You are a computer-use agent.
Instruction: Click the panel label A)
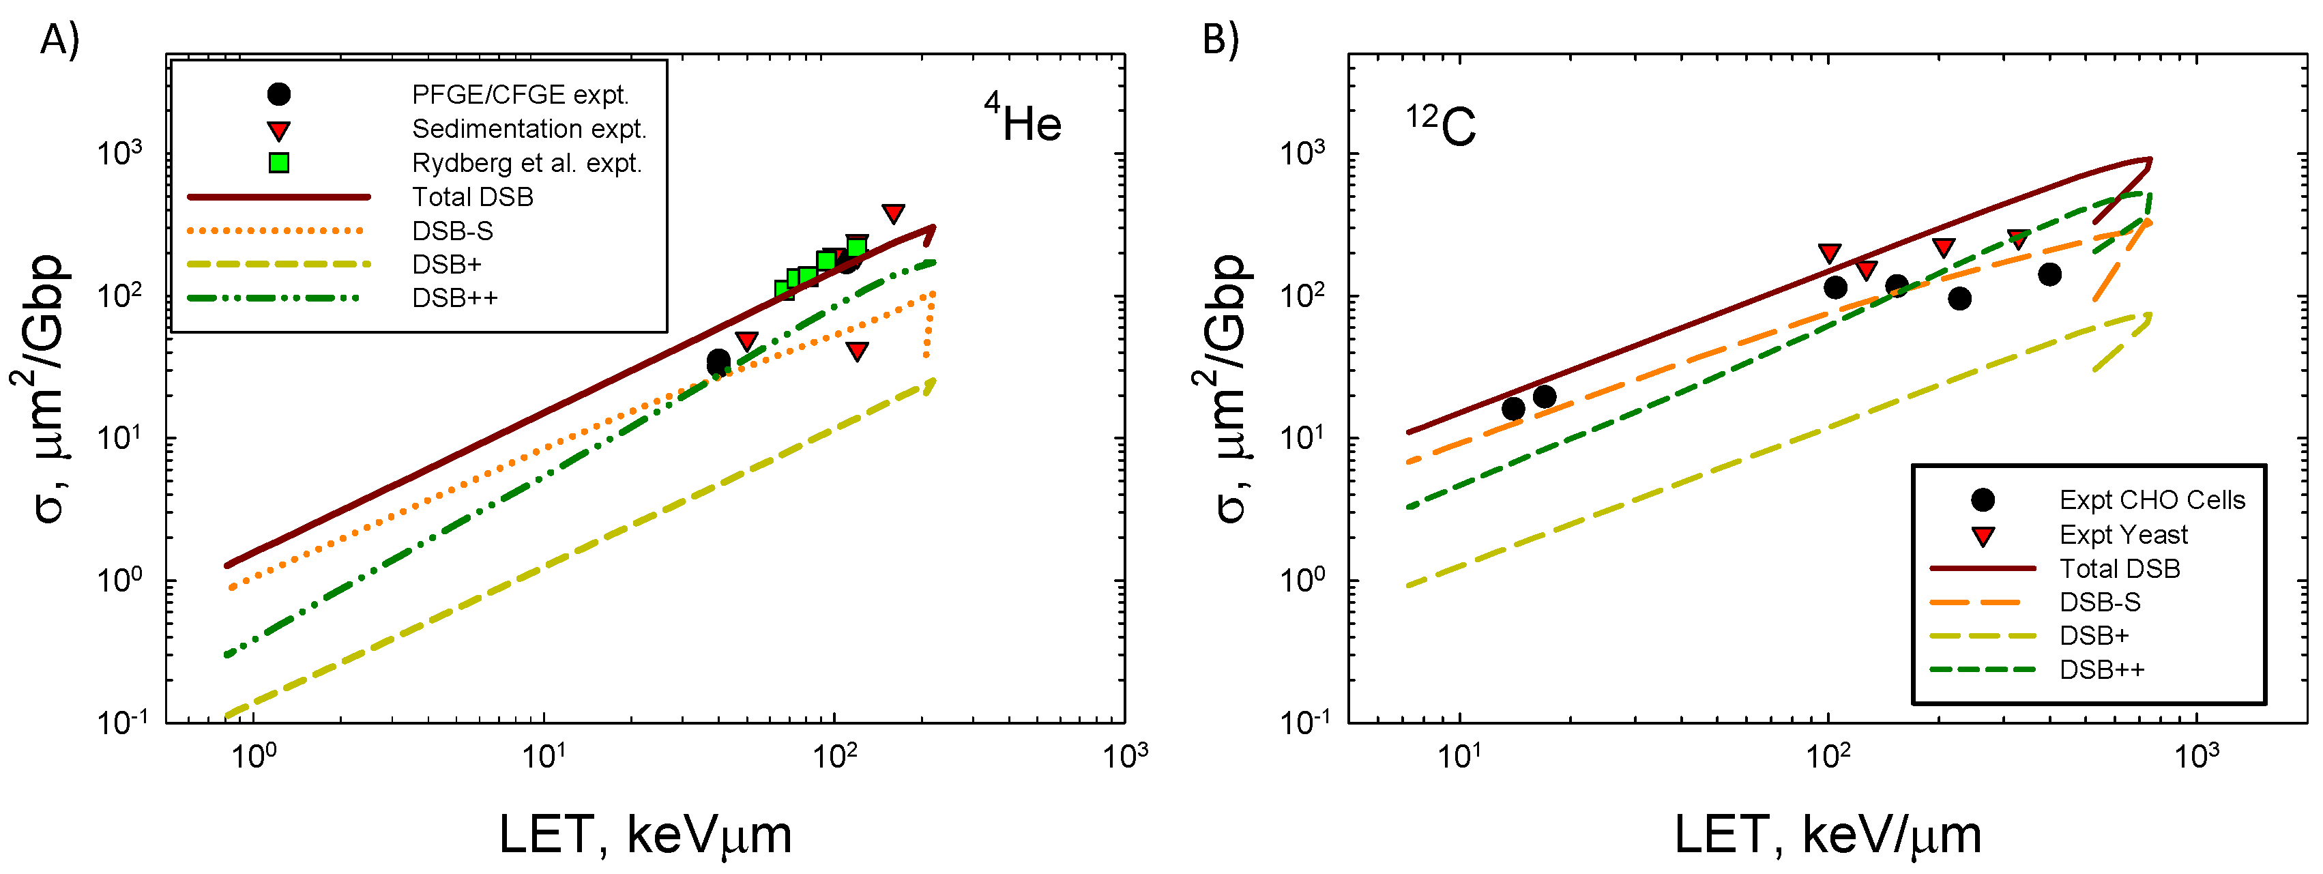pyautogui.click(x=59, y=40)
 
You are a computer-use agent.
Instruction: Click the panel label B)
pyautogui.click(x=1221, y=40)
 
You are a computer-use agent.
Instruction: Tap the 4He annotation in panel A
pyautogui.click(x=1023, y=121)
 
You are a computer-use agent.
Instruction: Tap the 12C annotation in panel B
pyautogui.click(x=1440, y=124)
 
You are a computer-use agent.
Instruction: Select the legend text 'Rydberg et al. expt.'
pyautogui.click(x=527, y=163)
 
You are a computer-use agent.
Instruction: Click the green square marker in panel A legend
pyautogui.click(x=280, y=163)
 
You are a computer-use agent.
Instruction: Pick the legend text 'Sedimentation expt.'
pyautogui.click(x=529, y=129)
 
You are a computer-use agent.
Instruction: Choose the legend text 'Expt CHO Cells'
pyautogui.click(x=2152, y=499)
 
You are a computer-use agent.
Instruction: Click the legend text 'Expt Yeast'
pyautogui.click(x=2123, y=535)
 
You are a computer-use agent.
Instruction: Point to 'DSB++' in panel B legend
pyautogui.click(x=2101, y=669)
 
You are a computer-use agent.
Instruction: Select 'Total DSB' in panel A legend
pyautogui.click(x=473, y=196)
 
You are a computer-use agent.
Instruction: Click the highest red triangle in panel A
pyautogui.click(x=893, y=214)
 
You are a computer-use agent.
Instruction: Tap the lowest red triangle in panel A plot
pyautogui.click(x=857, y=351)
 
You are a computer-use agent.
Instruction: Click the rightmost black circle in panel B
pyautogui.click(x=2049, y=274)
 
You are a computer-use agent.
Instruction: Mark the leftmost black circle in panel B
pyautogui.click(x=1513, y=409)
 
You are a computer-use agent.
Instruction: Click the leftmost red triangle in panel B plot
pyautogui.click(x=1829, y=253)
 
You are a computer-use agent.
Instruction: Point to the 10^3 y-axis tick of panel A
pyautogui.click(x=120, y=154)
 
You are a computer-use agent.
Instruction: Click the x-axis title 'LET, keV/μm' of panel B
pyautogui.click(x=1827, y=834)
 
